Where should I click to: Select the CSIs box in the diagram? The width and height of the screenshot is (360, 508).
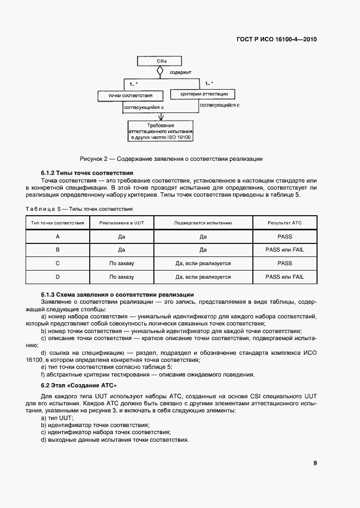160,61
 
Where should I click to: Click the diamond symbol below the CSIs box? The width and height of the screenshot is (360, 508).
160,71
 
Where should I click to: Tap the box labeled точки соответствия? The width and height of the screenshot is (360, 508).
127,96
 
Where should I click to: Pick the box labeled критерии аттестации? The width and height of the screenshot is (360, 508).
200,95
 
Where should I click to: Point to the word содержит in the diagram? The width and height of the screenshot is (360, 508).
181,72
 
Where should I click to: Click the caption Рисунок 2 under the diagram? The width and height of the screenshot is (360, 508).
171,159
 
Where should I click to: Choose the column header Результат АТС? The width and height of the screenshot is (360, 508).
284,223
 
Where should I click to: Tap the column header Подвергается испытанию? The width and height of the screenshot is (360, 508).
203,223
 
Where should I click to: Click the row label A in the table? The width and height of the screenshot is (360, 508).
57,236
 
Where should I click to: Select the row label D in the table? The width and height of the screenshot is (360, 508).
57,277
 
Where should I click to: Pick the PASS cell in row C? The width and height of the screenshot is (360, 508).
284,264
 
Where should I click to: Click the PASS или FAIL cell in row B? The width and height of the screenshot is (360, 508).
284,250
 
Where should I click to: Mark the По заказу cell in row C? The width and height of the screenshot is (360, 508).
121,264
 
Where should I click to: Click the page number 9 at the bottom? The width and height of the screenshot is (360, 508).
315,463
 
